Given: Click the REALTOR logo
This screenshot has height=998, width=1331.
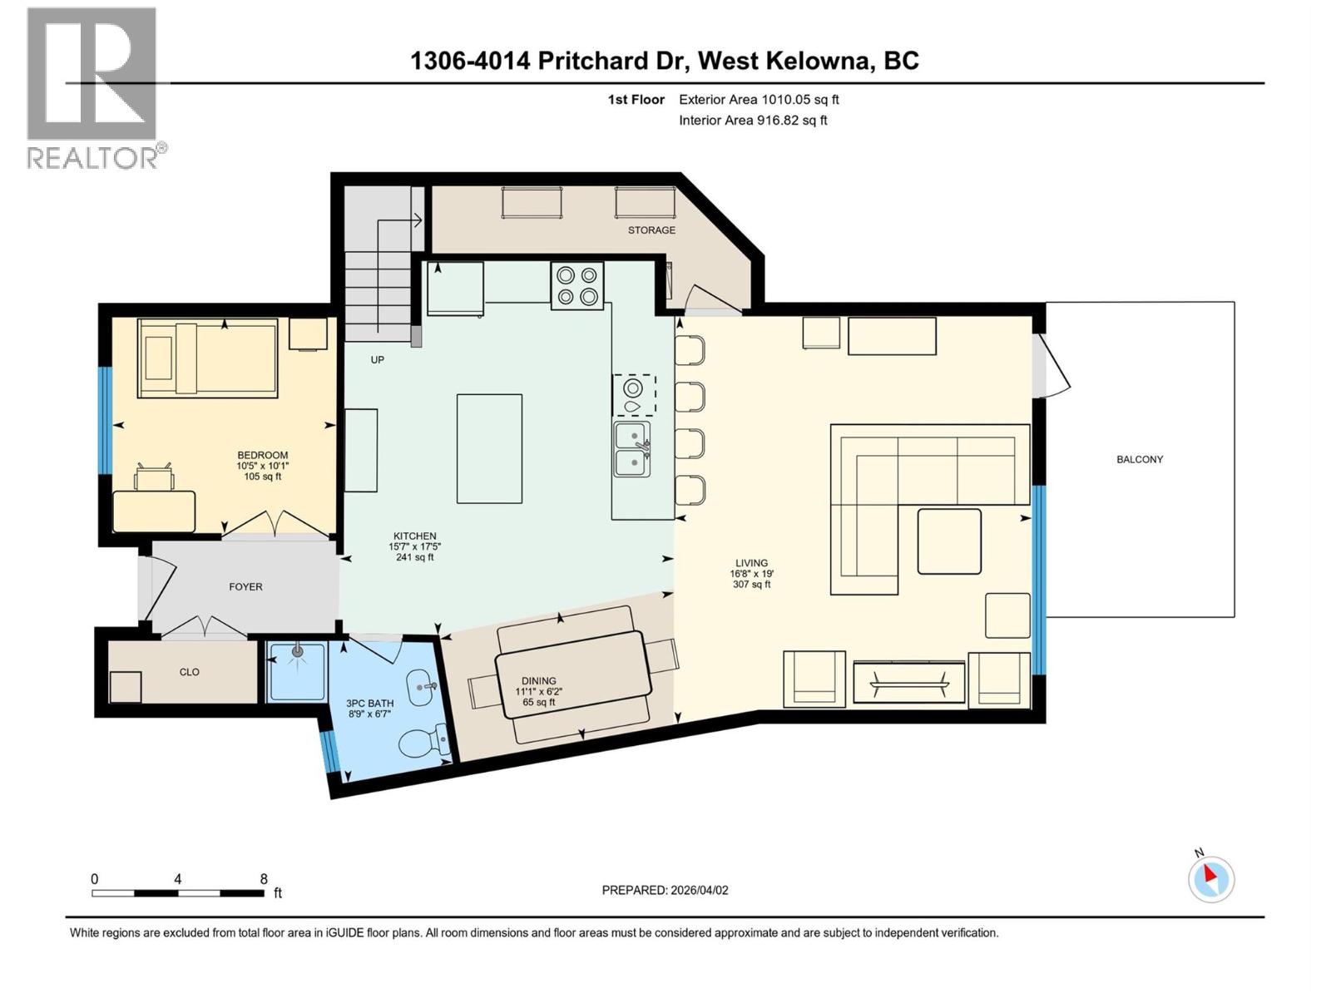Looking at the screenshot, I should [92, 87].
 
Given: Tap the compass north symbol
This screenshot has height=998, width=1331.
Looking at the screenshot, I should [1211, 879].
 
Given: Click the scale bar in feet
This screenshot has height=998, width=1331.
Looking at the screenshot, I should [178, 893].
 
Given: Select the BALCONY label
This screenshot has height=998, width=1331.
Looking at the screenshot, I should [1139, 459].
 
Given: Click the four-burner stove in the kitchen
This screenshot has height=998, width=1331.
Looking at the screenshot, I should [576, 285].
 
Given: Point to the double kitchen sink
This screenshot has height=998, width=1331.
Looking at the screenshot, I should [631, 448].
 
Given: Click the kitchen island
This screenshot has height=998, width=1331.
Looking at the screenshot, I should [489, 448].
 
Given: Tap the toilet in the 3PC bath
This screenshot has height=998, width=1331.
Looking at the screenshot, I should [422, 740].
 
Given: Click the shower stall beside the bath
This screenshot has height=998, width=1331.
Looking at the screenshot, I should [297, 670].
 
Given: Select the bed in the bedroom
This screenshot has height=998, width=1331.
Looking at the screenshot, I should [208, 358].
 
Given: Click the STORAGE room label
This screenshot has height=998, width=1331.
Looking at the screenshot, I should [651, 230].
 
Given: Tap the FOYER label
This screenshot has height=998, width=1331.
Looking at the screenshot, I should [245, 587].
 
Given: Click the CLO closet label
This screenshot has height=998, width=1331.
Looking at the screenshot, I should [190, 672].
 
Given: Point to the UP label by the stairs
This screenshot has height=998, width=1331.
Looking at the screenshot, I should [377, 360].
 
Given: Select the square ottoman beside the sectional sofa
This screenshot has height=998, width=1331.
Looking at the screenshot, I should [949, 541].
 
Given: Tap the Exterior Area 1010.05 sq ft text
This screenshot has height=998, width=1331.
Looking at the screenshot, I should [759, 100].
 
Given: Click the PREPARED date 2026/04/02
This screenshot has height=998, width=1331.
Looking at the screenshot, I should [665, 890].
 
